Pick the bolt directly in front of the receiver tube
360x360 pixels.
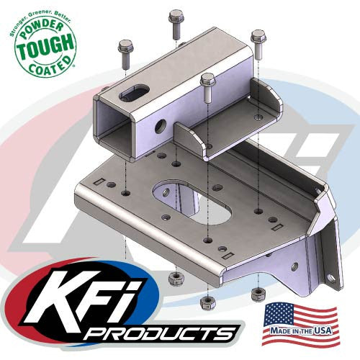click(x=208, y=86)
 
